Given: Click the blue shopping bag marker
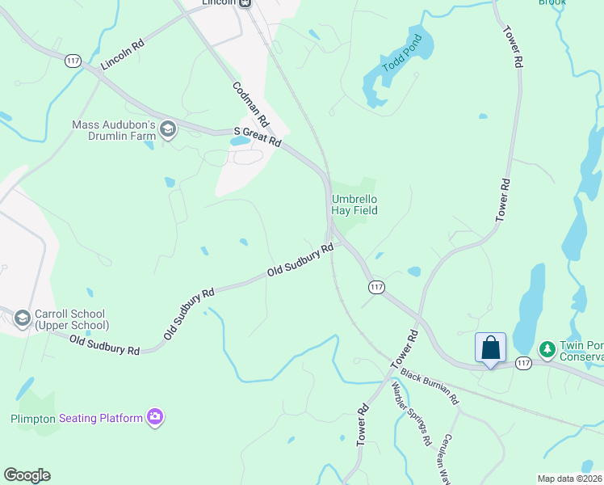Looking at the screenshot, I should point(490,348).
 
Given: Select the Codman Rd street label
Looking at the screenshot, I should point(250,108).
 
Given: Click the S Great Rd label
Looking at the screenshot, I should point(257,136).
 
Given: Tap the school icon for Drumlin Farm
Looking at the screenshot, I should point(168,130).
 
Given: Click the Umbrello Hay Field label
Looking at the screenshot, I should point(354,205).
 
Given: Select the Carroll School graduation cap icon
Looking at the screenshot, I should point(22,319).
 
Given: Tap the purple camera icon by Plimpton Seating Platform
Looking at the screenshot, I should point(156,417).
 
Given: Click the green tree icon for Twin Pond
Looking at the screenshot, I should point(547,348).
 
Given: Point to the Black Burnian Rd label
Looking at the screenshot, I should point(430,388).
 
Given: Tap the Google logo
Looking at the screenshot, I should point(27,475).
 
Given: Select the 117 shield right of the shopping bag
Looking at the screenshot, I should point(523,364).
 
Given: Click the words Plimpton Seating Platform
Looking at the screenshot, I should point(76,418).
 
